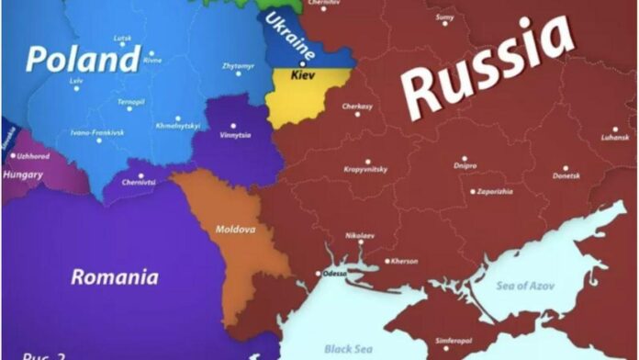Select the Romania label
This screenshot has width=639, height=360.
[115, 276]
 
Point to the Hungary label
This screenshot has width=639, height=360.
[23, 174]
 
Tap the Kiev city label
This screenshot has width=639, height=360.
[303, 73]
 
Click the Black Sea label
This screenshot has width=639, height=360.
[350, 348]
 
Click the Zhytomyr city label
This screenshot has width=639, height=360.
[238, 67]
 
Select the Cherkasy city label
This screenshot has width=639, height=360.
[357, 107]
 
